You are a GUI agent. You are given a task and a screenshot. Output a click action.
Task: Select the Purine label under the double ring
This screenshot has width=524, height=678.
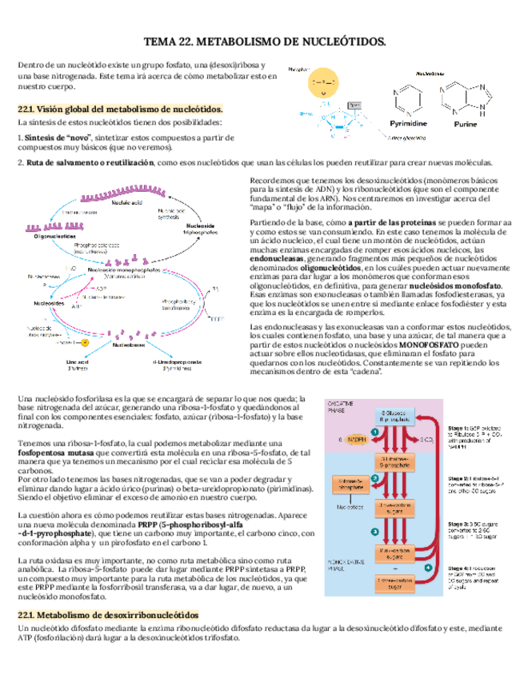pos(465,124)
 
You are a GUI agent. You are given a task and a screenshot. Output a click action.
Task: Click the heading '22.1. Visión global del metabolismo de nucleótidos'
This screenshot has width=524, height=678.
pos(120,108)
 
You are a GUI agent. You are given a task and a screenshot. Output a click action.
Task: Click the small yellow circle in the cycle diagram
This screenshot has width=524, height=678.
pos(84,342)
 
